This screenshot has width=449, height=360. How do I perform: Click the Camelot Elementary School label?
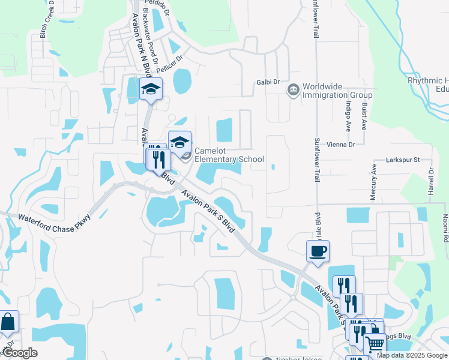229,155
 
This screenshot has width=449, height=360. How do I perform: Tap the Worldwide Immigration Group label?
337,91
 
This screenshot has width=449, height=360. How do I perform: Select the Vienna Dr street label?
343,145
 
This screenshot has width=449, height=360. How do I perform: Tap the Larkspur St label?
402,160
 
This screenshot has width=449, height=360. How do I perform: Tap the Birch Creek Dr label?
44,23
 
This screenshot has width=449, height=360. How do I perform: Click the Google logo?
19,353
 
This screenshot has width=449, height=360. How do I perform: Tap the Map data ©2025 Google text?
412,355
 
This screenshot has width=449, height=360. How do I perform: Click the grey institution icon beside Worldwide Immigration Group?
294,90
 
